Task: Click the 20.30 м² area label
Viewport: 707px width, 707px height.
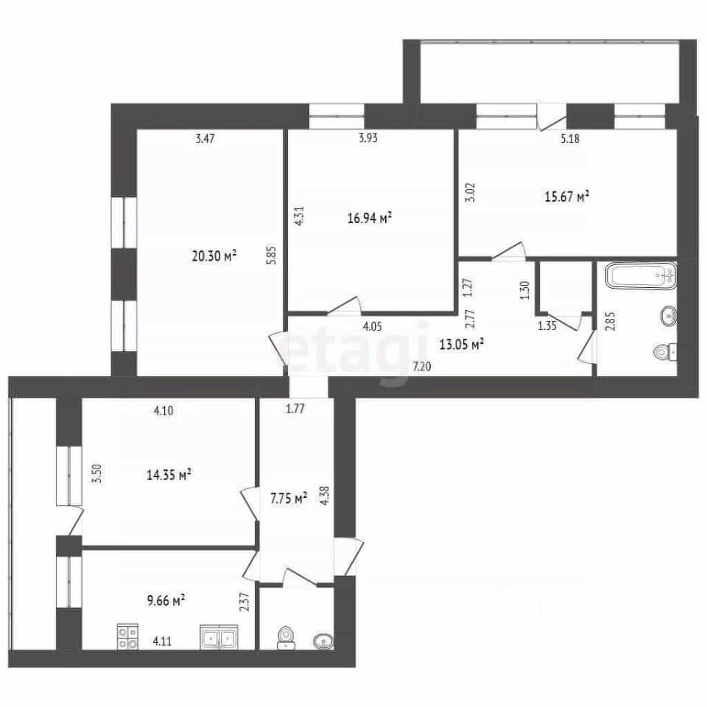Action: (214, 256)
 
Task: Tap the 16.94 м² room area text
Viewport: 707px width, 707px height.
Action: (369, 218)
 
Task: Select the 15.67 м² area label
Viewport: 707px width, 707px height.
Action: (567, 197)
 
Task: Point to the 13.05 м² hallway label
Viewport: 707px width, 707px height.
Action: (462, 345)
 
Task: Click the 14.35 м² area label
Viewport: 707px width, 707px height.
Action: (169, 474)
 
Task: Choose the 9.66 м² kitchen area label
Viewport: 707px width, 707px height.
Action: (166, 600)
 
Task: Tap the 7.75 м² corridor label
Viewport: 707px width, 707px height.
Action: (289, 499)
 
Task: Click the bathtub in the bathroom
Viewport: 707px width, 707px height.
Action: (641, 275)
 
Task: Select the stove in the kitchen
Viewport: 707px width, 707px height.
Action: (127, 636)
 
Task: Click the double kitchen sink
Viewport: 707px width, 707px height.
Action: (219, 636)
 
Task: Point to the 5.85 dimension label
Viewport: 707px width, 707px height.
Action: (272, 254)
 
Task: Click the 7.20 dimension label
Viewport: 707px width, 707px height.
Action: (422, 367)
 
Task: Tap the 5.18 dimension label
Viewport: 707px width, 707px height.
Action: (570, 138)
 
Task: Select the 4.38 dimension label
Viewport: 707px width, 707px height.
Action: (324, 495)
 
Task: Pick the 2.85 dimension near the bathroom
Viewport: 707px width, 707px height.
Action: (611, 321)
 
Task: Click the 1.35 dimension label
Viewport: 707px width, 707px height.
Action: (547, 326)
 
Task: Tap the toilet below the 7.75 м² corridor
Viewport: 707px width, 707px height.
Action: (286, 638)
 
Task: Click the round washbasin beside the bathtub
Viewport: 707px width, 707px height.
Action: (668, 315)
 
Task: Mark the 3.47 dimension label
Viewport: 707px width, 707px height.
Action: (205, 138)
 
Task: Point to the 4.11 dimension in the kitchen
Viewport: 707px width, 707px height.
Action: (162, 641)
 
